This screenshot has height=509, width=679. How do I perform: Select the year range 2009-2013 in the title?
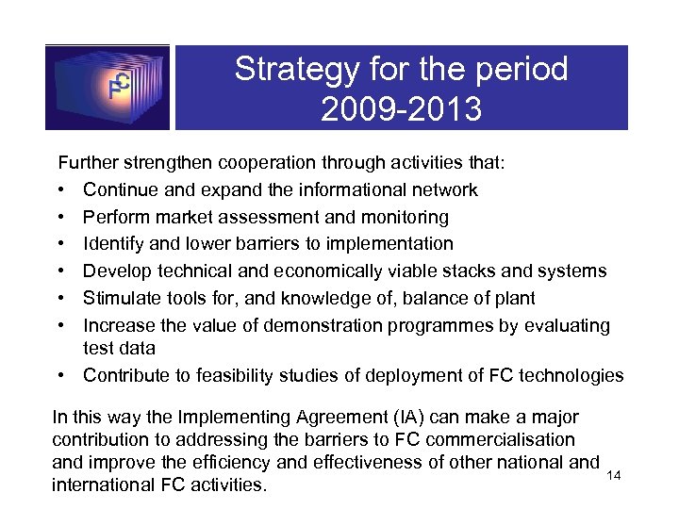[x=401, y=109]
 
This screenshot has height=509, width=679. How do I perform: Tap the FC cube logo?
[x=108, y=87]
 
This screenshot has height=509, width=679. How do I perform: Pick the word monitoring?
[x=398, y=217]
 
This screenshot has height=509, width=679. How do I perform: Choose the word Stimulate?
[x=120, y=299]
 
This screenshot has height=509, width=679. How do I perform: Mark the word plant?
[x=513, y=299]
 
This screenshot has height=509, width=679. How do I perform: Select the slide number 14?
[x=614, y=476]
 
